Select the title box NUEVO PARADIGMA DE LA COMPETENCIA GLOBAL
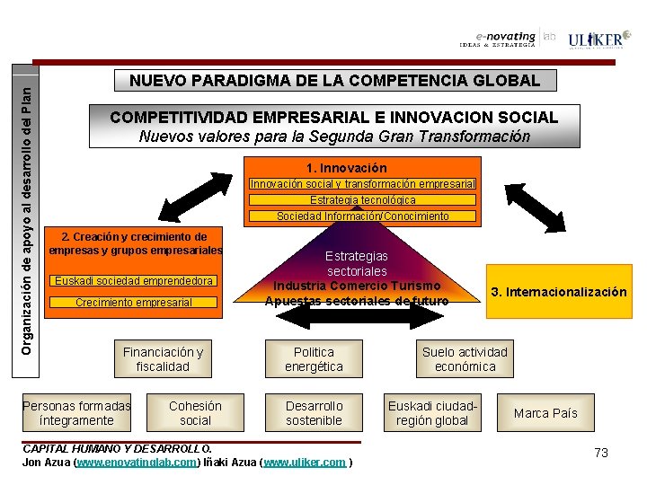point(335,81)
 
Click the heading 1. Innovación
point(346,168)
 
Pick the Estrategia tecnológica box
point(363,200)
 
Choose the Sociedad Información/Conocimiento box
point(363,216)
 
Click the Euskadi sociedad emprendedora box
point(135,281)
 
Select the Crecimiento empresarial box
point(134,303)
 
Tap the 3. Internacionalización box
point(558,292)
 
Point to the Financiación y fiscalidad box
point(163,359)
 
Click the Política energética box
point(314,359)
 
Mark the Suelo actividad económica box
point(465,359)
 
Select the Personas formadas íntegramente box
point(76,413)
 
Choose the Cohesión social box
point(195,413)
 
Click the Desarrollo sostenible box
point(314,413)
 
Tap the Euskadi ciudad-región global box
point(432,413)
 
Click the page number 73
point(601,453)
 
